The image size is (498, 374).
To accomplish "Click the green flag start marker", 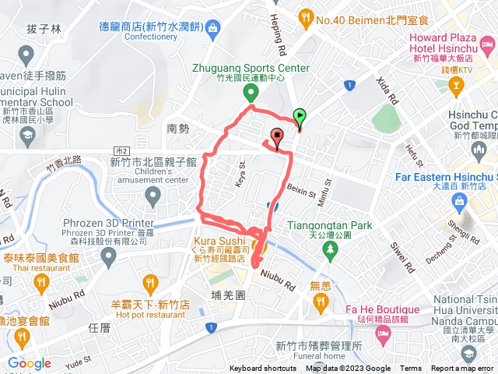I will pos(300,117).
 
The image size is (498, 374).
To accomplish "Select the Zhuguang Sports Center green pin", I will pos(251,94).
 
